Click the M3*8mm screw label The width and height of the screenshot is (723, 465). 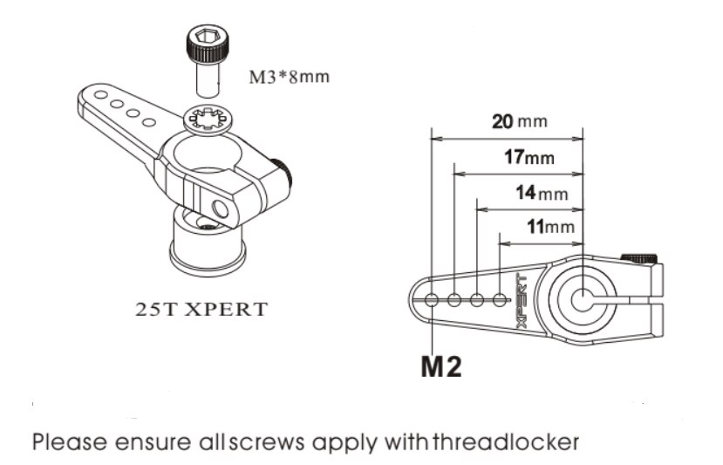[290, 76]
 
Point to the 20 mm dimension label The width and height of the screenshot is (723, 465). [519, 121]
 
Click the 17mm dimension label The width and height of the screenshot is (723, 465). [529, 158]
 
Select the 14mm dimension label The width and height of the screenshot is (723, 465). [541, 193]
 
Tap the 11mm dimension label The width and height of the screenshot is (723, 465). [552, 228]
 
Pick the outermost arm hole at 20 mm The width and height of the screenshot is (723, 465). [433, 301]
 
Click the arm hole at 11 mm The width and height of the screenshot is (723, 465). [499, 300]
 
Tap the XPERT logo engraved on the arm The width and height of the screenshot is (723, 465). [522, 299]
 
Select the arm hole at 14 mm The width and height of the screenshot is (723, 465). [477, 300]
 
